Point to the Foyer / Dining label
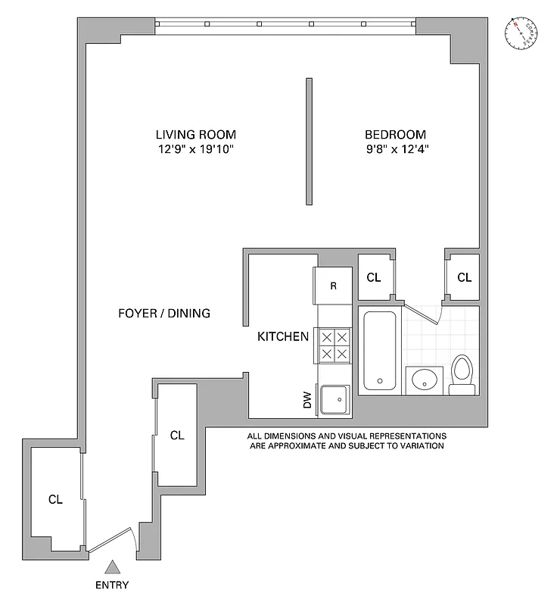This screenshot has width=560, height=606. point(164,313)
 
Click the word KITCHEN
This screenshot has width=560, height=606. point(282,336)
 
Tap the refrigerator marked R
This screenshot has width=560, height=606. point(334,286)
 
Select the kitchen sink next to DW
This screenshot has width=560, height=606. point(334,398)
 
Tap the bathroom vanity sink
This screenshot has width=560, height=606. point(425,380)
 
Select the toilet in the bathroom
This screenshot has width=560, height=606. point(462,375)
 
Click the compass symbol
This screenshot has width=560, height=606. point(521,33)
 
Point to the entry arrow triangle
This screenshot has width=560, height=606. point(113,566)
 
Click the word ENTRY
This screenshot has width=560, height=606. point(113,585)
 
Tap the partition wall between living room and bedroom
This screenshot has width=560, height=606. point(309,141)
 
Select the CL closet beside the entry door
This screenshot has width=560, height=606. point(55,499)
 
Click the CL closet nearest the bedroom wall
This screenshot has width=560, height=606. point(464,277)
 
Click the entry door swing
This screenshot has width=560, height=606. point(114,539)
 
